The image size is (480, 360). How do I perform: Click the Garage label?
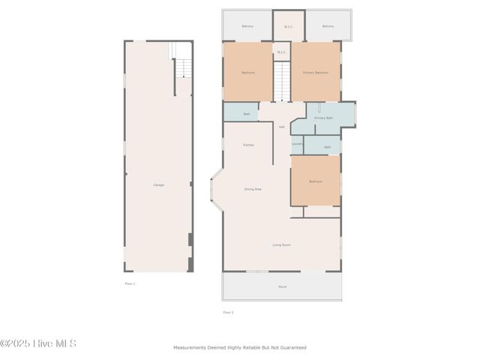(x=159, y=184)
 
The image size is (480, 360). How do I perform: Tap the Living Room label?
(x=281, y=244)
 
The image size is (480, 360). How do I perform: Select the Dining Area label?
(x=253, y=189)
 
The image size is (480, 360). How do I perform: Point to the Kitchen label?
(x=248, y=145)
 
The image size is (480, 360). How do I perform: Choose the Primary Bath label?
(x=323, y=118)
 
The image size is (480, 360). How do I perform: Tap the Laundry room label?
(x=297, y=143)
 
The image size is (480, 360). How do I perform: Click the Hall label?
(x=281, y=127)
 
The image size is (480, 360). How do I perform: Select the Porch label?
(x=283, y=286)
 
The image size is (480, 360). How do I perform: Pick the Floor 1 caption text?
(x=130, y=283)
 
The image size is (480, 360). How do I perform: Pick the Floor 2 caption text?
(x=228, y=312)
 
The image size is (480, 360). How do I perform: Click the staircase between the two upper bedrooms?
(x=281, y=81)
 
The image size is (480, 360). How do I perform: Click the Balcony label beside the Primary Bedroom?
(x=328, y=26)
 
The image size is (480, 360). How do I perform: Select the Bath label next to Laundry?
(x=327, y=147)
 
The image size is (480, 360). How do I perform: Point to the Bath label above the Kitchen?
(x=247, y=114)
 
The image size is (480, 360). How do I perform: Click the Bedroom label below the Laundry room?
(x=315, y=181)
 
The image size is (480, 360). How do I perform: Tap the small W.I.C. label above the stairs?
(x=281, y=52)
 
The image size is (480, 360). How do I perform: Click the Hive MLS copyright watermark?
(x=38, y=343)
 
